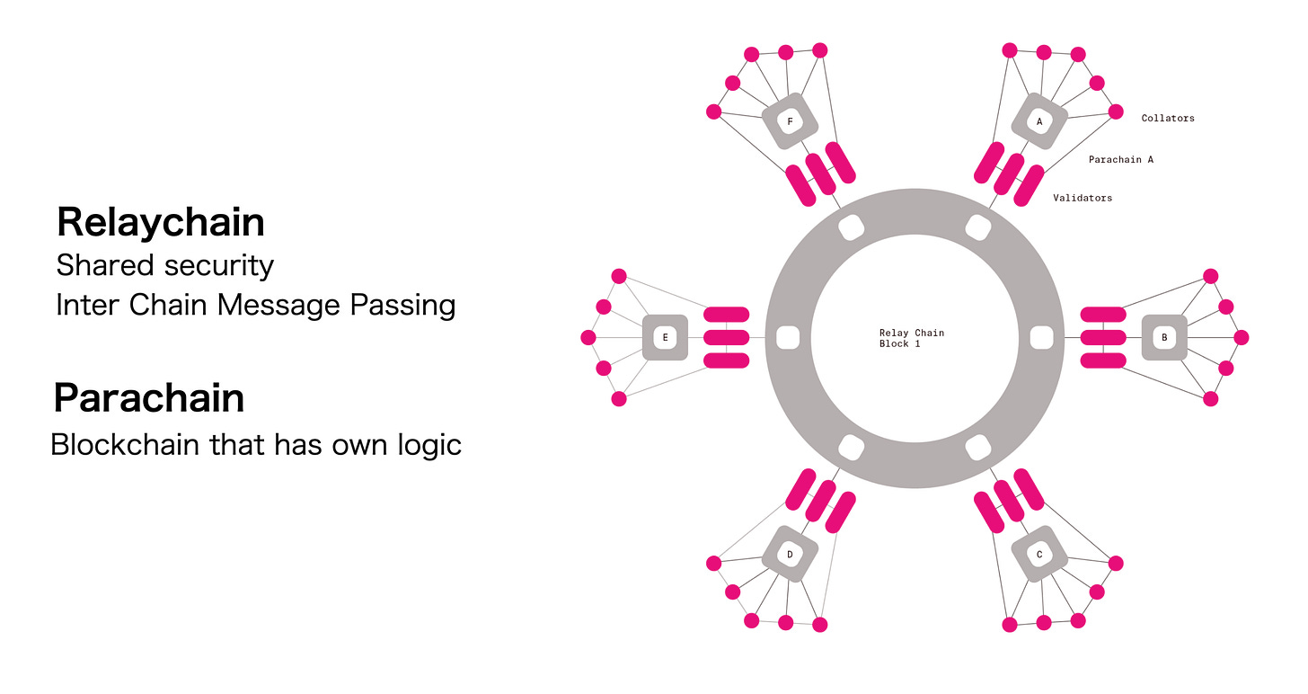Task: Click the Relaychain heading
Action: click(161, 222)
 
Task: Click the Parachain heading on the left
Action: click(149, 397)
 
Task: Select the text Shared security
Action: click(164, 265)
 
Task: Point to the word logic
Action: click(425, 444)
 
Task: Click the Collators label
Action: click(1168, 118)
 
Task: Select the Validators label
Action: click(1083, 198)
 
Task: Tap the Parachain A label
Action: click(1120, 159)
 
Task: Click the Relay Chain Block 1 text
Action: click(911, 338)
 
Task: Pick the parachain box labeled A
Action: click(1039, 121)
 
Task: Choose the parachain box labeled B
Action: click(1164, 338)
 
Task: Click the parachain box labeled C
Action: click(1039, 555)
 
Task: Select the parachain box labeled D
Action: click(790, 555)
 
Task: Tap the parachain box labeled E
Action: click(665, 338)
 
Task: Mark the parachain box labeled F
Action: click(790, 121)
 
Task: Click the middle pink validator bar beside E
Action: click(726, 337)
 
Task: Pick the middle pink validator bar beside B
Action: click(1103, 337)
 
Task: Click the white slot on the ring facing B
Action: click(1040, 338)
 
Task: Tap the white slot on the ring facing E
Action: click(787, 338)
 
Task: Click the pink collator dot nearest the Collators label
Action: click(1116, 111)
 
